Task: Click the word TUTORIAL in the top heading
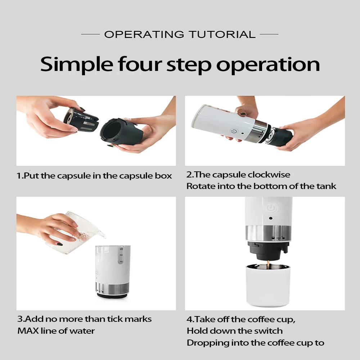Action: [222, 35]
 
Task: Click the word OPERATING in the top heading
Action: [144, 35]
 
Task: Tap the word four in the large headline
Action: [140, 64]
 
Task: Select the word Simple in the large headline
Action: [77, 65]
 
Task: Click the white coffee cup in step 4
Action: [268, 285]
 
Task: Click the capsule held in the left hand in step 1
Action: [81, 120]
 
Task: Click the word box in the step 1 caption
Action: [163, 176]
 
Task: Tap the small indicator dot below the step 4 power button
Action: [271, 219]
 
